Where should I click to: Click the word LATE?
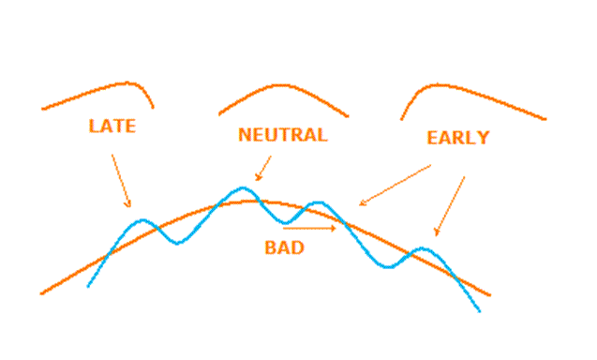pyautogui.click(x=112, y=127)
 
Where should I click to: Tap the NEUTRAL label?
pyautogui.click(x=283, y=134)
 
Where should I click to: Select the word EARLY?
pyautogui.click(x=457, y=138)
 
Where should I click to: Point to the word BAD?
pyautogui.click(x=284, y=247)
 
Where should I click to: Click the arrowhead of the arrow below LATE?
pyautogui.click(x=129, y=207)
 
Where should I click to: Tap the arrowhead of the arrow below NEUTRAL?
pyautogui.click(x=256, y=179)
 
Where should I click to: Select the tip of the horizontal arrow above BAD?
pyautogui.click(x=336, y=228)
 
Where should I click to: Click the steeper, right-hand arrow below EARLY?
pyautogui.click(x=450, y=206)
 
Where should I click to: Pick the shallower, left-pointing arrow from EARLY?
pyautogui.click(x=395, y=185)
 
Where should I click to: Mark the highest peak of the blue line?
pyautogui.click(x=244, y=187)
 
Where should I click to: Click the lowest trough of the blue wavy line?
pyautogui.click(x=388, y=266)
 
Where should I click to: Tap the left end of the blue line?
pyautogui.click(x=88, y=287)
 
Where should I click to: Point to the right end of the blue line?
pyautogui.click(x=480, y=311)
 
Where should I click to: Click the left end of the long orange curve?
pyautogui.click(x=40, y=293)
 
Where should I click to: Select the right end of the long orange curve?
pyautogui.click(x=490, y=295)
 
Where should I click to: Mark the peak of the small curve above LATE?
pyautogui.click(x=127, y=82)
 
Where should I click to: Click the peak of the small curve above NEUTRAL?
pyautogui.click(x=281, y=85)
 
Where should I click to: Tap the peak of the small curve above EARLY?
pyautogui.click(x=438, y=84)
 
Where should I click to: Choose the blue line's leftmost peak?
pyautogui.click(x=142, y=219)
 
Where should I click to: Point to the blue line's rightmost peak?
pyautogui.click(x=422, y=248)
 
